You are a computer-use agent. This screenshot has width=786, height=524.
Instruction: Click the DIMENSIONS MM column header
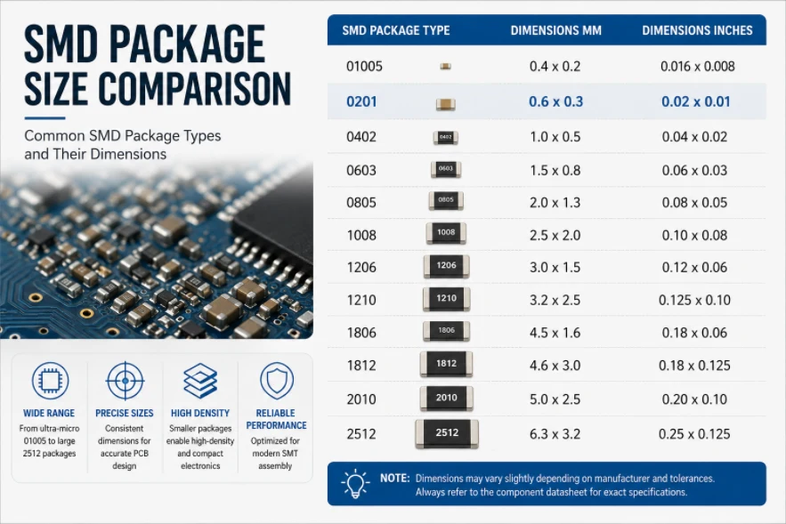556,30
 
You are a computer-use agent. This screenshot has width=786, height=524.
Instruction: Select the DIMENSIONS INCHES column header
697,30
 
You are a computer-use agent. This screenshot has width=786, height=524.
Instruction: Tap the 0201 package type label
361,101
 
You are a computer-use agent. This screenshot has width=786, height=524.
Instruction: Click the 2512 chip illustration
447,433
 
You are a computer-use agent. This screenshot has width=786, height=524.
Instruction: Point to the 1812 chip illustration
446,364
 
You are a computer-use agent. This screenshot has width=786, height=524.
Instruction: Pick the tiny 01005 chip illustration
445,66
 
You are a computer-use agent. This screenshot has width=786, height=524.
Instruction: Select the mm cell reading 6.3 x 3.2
555,434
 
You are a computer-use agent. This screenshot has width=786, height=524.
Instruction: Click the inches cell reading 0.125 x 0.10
694,300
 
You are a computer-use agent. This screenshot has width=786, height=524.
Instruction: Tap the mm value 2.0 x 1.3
555,203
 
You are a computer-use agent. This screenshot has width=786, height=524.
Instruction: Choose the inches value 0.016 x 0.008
697,66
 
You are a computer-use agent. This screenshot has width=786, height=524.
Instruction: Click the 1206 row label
361,268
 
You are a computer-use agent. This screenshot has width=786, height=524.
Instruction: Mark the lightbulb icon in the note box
355,484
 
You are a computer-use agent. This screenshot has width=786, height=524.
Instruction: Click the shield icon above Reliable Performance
276,382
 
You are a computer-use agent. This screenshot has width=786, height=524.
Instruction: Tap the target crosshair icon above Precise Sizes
126,381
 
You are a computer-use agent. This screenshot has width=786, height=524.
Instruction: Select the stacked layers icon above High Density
200,381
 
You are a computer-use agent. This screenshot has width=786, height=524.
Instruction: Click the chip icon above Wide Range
50,381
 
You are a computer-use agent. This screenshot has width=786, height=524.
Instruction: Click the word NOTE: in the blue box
395,479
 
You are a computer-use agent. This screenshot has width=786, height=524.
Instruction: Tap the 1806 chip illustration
446,331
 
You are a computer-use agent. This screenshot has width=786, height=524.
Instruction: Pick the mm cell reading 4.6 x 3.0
555,366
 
